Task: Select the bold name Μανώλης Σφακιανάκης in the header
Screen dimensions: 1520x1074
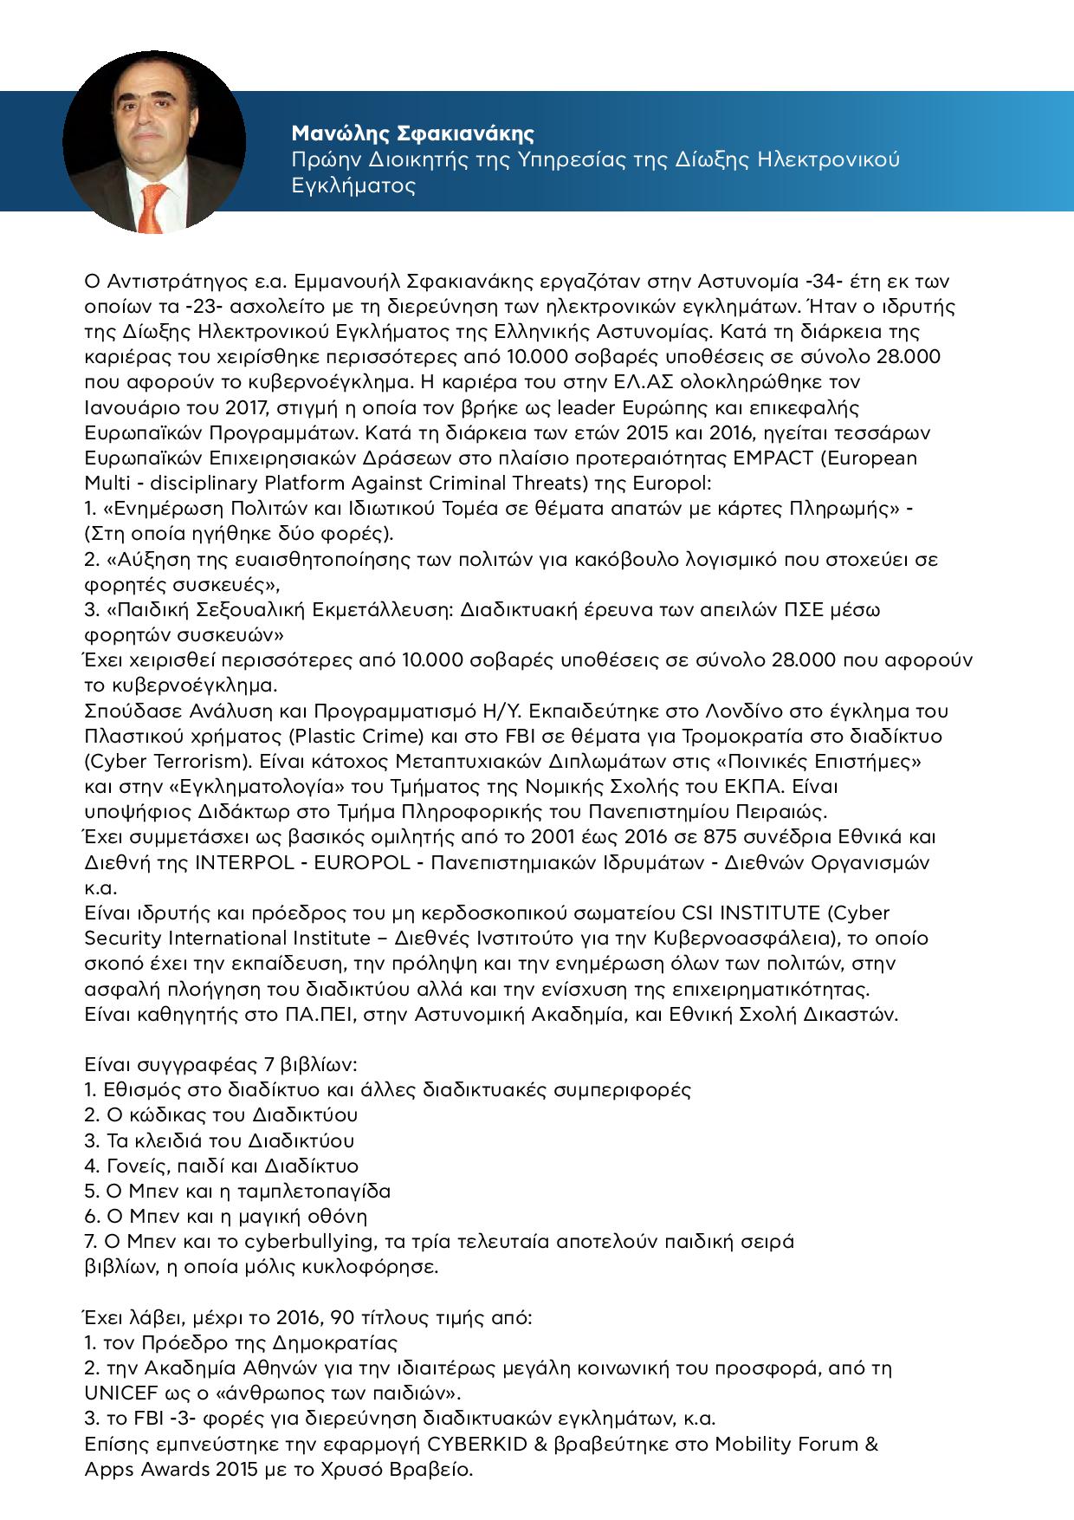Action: [412, 133]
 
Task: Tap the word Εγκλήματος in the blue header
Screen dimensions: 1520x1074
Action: [353, 186]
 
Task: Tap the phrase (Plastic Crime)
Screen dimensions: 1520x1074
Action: [328, 736]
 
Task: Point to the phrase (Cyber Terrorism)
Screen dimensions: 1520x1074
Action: [155, 761]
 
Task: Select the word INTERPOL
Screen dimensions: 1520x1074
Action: [245, 862]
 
